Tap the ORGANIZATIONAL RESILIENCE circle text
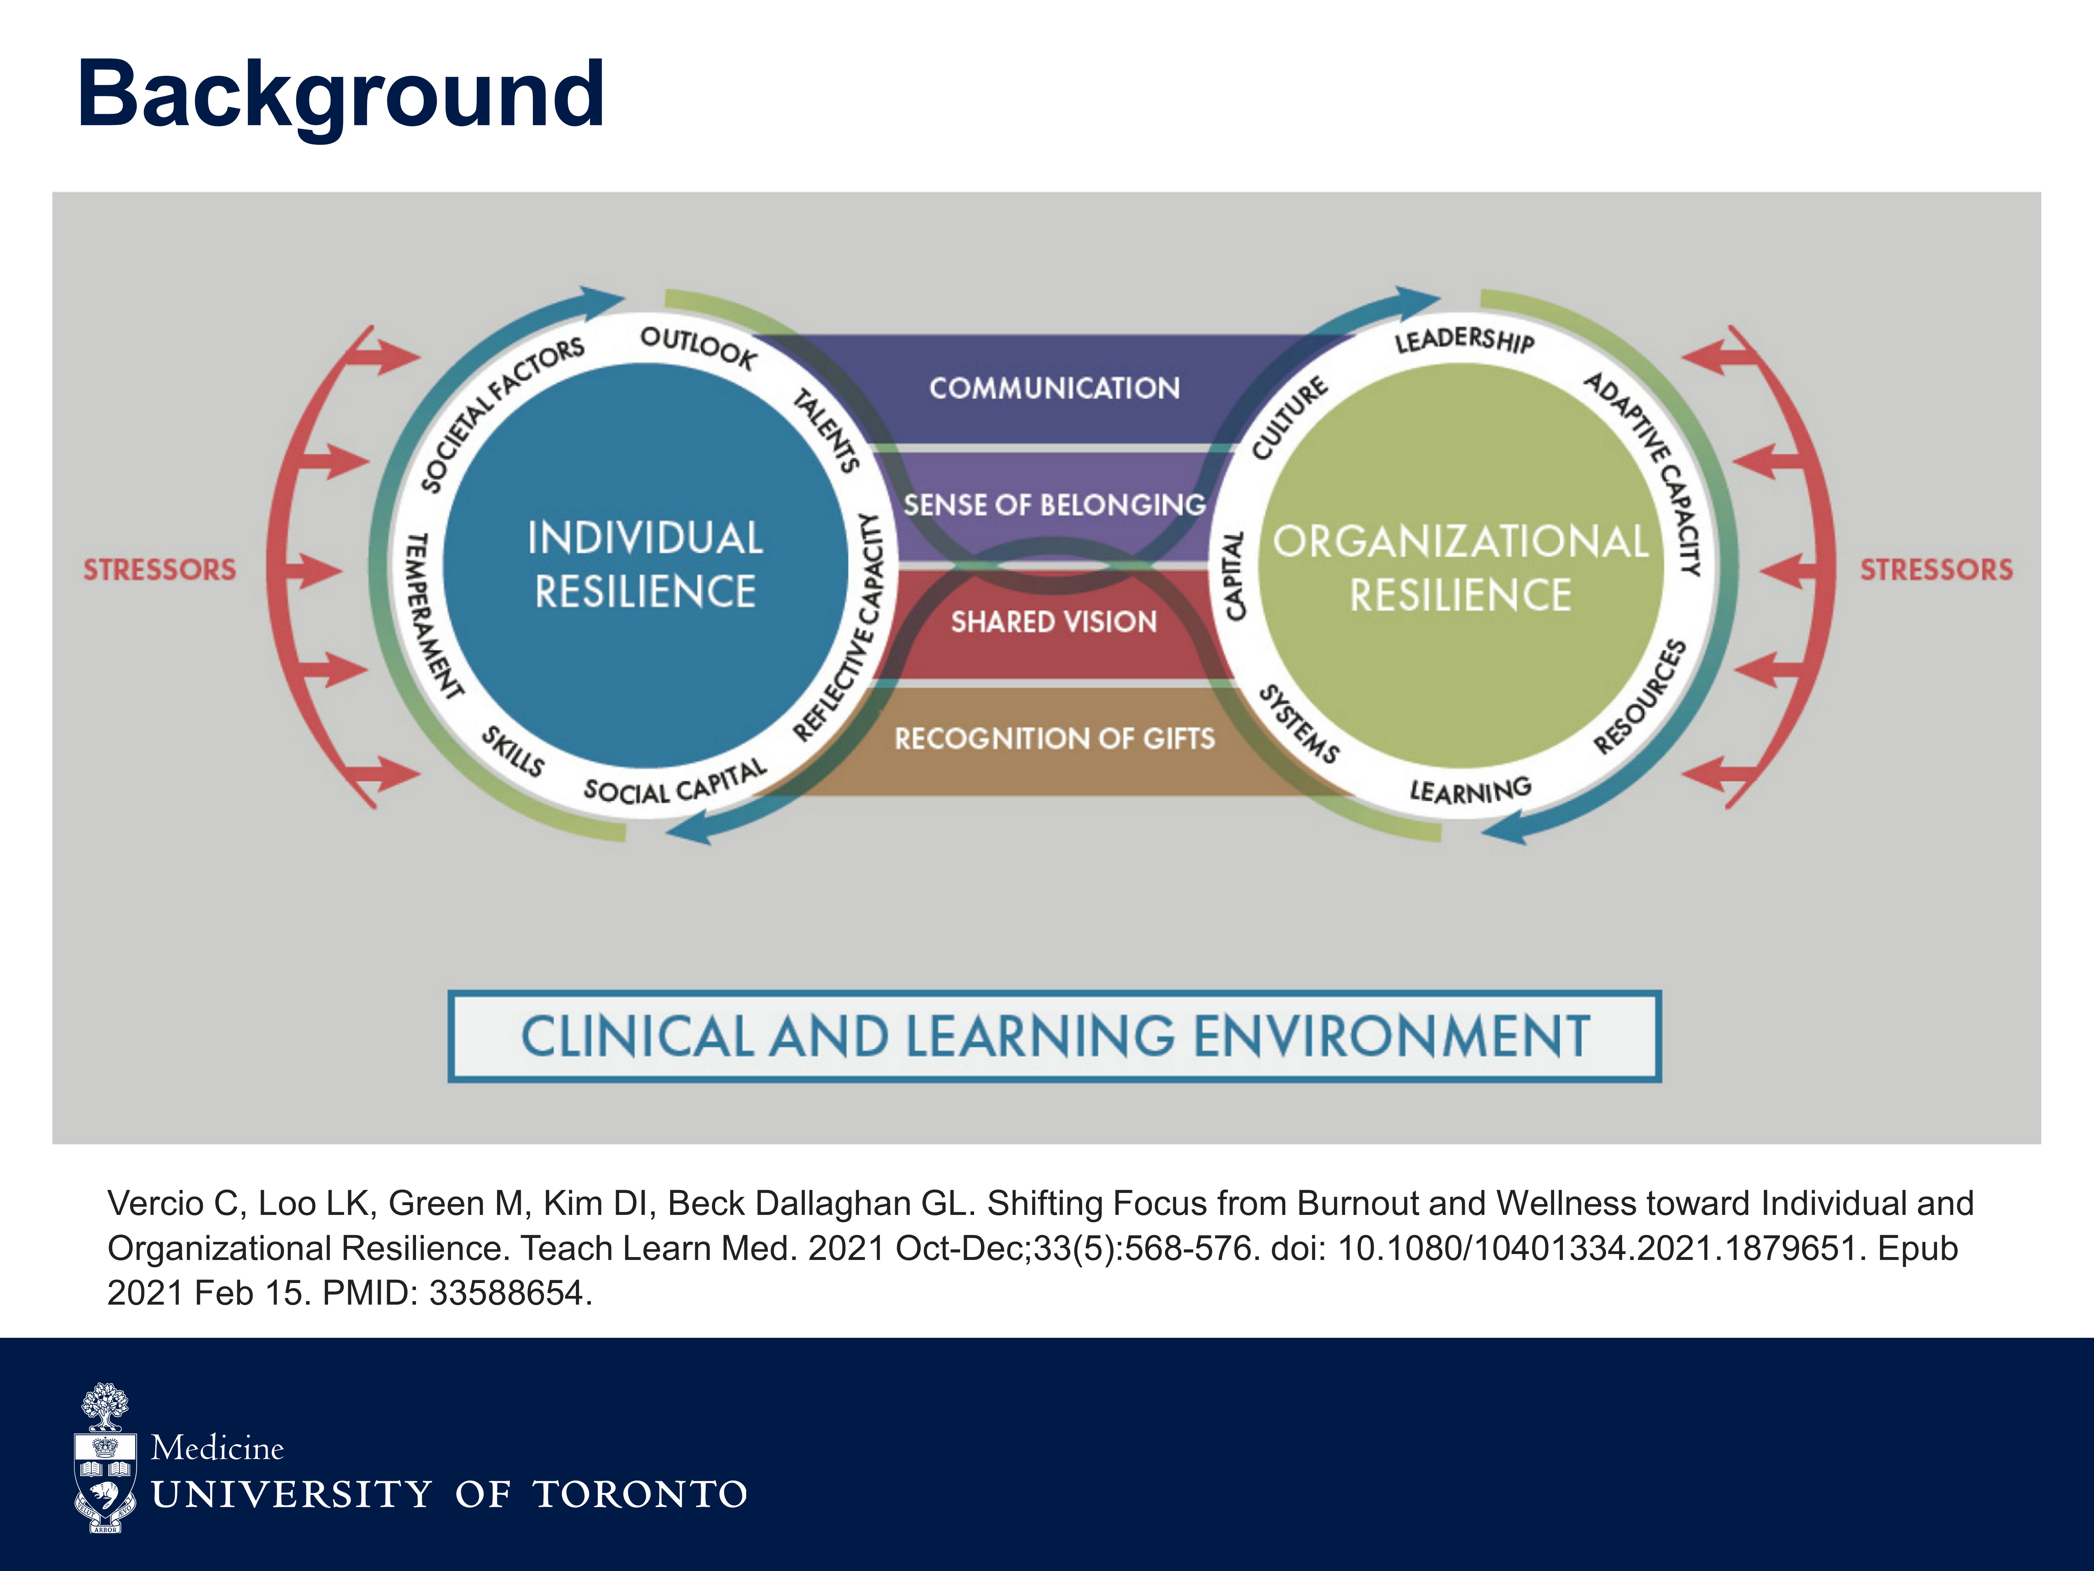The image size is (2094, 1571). pos(1461,568)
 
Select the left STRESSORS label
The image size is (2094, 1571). pos(159,569)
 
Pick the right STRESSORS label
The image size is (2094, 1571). pos(1936,569)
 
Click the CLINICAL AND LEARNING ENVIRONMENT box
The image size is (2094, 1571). pos(1055,1036)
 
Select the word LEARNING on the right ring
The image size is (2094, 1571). pos(1470,790)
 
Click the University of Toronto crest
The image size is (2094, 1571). pos(105,1458)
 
